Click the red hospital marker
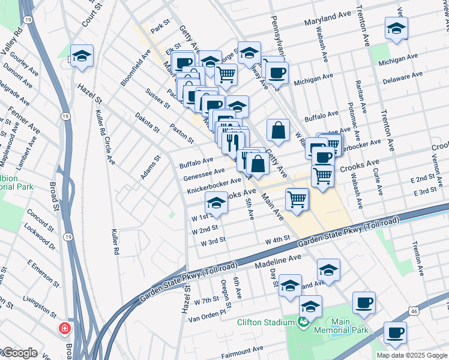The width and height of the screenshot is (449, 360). [x=64, y=329]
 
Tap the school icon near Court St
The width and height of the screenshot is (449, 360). [x=82, y=56]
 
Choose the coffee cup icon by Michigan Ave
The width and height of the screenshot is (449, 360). [x=276, y=73]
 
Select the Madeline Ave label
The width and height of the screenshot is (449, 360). [x=277, y=259]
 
